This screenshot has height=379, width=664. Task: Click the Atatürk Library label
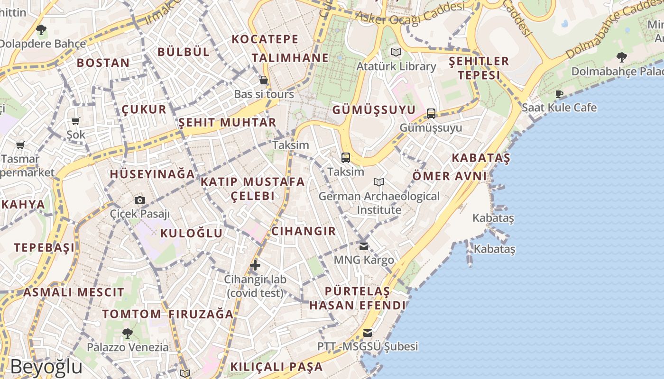click(x=396, y=66)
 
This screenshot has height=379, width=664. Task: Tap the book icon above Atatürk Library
click(x=396, y=52)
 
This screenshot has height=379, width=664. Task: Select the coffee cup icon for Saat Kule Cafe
click(x=559, y=94)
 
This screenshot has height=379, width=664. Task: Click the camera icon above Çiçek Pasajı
click(x=139, y=200)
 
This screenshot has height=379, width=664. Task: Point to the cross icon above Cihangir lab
click(x=255, y=265)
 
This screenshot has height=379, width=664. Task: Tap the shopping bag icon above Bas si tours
click(x=264, y=80)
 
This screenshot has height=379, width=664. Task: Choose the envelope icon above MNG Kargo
click(x=364, y=246)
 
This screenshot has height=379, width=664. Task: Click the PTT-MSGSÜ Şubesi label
click(x=368, y=346)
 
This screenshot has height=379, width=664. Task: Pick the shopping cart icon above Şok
click(x=75, y=121)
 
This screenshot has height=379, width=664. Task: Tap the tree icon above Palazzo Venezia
click(x=127, y=334)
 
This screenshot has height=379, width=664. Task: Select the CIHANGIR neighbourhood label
click(x=304, y=231)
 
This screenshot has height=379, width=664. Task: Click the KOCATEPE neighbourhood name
click(x=265, y=39)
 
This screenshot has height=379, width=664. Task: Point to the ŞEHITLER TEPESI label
click(x=479, y=68)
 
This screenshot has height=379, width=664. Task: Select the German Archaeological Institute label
click(x=379, y=203)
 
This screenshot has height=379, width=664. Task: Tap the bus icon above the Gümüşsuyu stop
click(x=431, y=114)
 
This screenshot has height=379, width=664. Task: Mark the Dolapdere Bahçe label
click(x=41, y=44)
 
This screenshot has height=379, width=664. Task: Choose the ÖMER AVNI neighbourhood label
click(x=449, y=176)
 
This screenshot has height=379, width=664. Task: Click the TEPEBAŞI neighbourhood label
click(x=44, y=247)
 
